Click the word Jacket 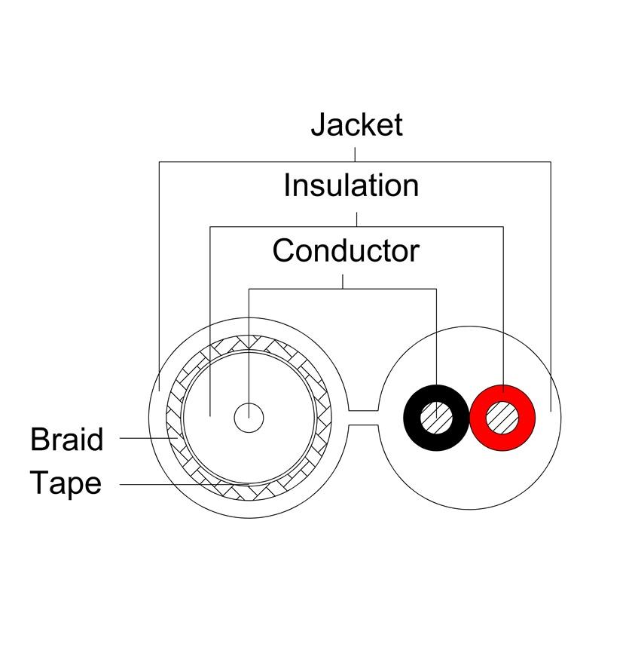(x=356, y=124)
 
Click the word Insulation (x=351, y=185)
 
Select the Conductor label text (x=346, y=250)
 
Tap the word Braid (x=66, y=439)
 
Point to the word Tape (x=66, y=483)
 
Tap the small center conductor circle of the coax (x=249, y=417)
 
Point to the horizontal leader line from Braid (x=148, y=438)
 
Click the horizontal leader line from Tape (x=173, y=483)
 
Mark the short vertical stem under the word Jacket (x=355, y=153)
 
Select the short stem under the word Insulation (x=356, y=219)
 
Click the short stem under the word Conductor (x=343, y=281)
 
